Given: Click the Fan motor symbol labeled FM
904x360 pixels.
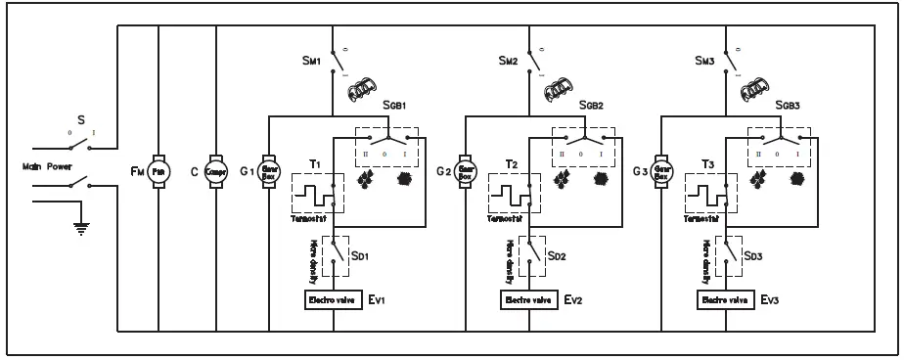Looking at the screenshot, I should tap(158, 167).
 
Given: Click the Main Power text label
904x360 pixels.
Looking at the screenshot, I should tap(42, 166).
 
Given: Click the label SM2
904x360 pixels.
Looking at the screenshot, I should tap(506, 61).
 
